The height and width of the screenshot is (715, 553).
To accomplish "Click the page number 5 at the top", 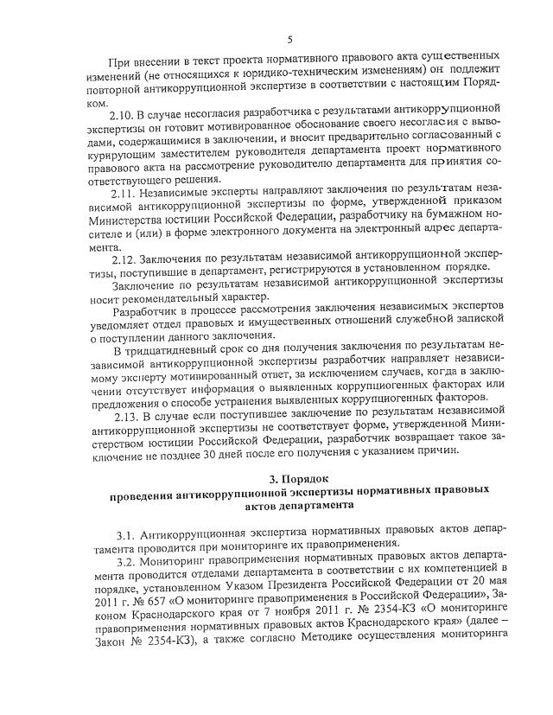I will (x=289, y=39).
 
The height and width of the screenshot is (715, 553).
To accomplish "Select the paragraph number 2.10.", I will (x=124, y=114).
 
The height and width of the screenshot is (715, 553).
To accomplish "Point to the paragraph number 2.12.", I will (x=124, y=259).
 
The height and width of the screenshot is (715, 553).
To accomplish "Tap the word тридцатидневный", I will (x=174, y=348).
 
